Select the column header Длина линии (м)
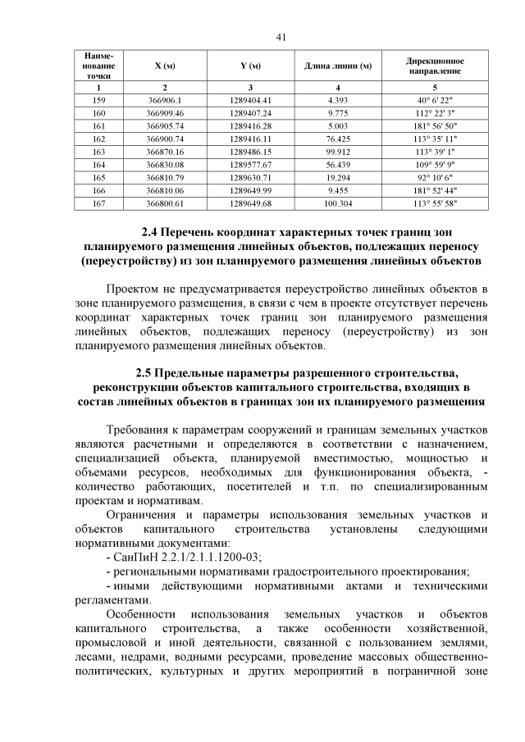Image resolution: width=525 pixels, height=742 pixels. coord(338,66)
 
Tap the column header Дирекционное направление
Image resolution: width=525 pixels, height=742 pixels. coord(435,66)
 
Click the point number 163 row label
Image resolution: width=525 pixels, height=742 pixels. coord(99,152)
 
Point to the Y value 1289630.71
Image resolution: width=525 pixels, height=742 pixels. coord(250,178)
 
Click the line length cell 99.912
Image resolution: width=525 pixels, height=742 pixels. coord(338,152)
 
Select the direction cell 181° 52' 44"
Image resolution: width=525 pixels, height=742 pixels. coord(435,191)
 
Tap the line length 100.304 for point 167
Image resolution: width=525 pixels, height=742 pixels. coord(338,204)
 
